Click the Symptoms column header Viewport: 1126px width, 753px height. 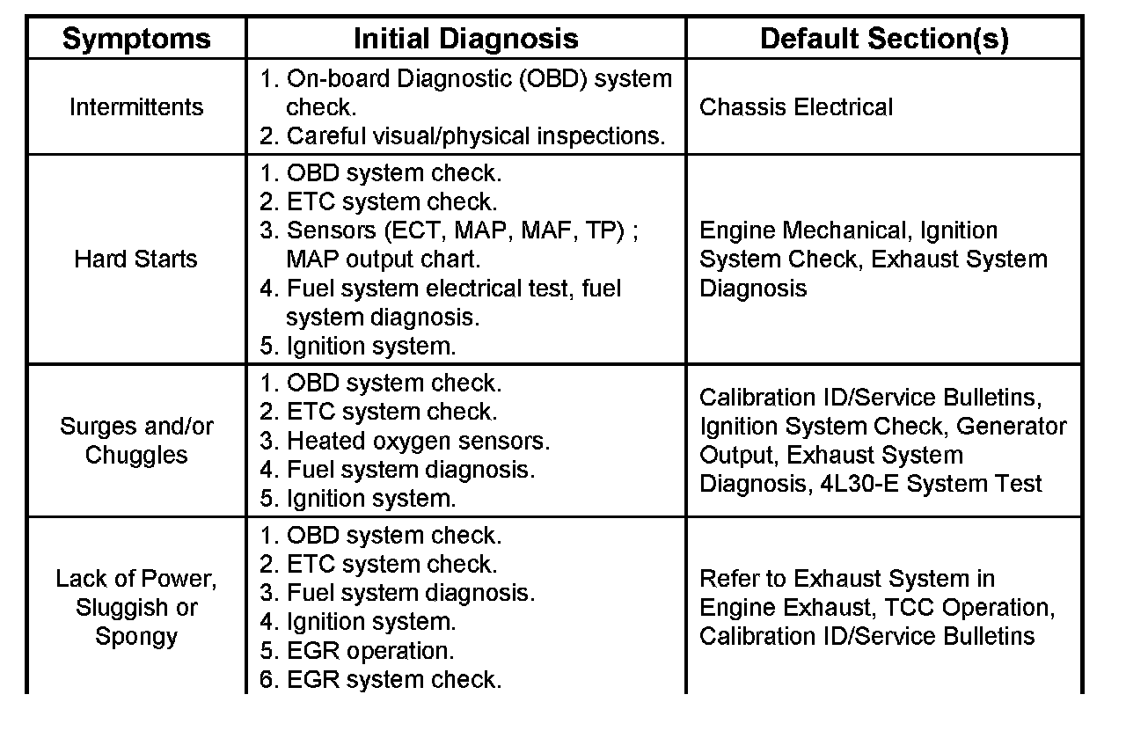point(136,39)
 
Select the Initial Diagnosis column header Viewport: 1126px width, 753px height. point(465,39)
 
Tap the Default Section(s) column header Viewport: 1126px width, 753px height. point(884,39)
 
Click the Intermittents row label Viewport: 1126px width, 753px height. point(136,107)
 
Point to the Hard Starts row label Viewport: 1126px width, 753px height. point(136,260)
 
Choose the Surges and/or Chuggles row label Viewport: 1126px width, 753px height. point(136,441)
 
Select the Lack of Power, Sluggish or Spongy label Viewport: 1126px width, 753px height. point(136,607)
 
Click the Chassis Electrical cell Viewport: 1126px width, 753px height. point(796,107)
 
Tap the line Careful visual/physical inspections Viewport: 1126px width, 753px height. point(475,136)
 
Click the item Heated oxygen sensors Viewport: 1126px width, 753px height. point(418,441)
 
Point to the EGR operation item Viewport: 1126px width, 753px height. point(369,651)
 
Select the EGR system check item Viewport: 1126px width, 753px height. point(393,680)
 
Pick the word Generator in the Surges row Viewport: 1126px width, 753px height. point(1012,427)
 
